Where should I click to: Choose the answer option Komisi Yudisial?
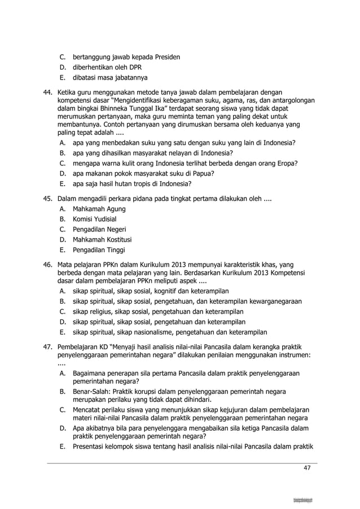tap(95, 219)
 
